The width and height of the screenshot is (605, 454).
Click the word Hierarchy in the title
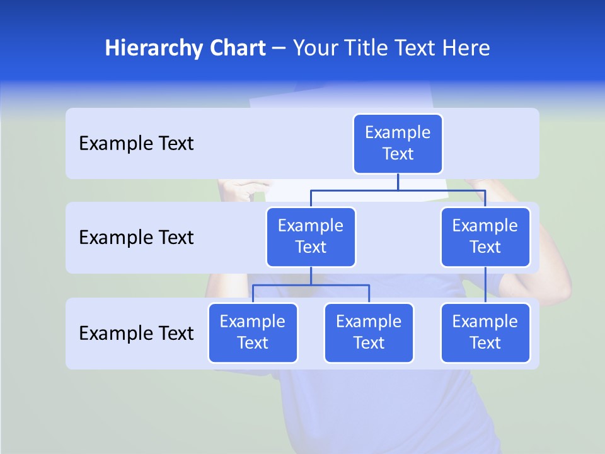149,49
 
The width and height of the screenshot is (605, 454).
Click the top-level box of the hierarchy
398,144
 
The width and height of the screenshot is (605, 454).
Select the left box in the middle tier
311,237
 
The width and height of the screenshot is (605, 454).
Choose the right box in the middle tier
485,237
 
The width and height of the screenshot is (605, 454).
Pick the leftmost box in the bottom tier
253,333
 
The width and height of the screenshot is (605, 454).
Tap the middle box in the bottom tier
369,333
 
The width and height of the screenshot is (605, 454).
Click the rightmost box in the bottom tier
485,333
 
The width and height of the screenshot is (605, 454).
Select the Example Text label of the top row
136,144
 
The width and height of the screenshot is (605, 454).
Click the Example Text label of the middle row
136,238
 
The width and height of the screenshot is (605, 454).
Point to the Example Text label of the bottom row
136,333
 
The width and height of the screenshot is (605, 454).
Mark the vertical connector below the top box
398,182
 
